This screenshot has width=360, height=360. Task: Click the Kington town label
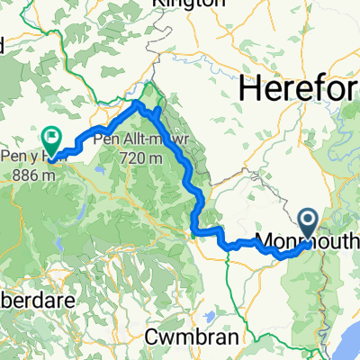(x=188, y=4)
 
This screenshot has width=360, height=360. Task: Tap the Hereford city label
(x=301, y=90)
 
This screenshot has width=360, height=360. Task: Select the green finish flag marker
(x=49, y=139)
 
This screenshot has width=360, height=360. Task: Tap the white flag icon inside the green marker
(x=49, y=138)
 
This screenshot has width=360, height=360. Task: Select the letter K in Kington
(x=160, y=4)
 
